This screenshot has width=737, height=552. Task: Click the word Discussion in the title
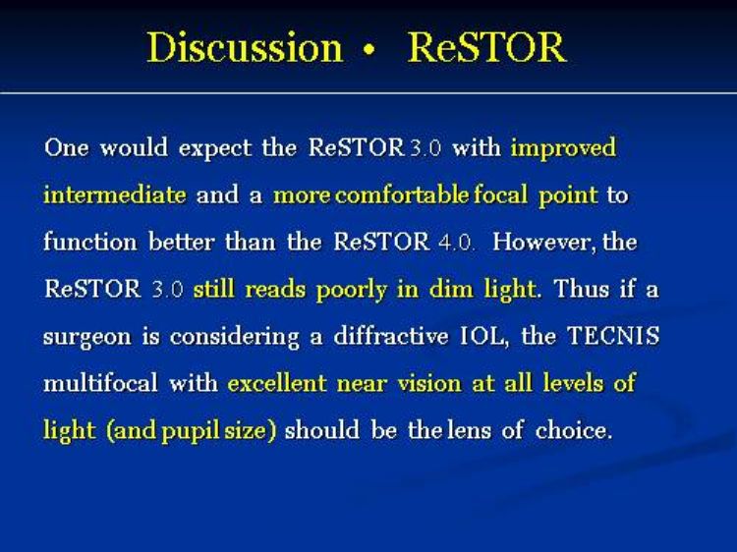click(x=245, y=47)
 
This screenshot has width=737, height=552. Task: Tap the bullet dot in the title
click(x=369, y=50)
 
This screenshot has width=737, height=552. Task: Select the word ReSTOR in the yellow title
click(x=487, y=47)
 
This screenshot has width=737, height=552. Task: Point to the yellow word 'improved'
click(x=563, y=148)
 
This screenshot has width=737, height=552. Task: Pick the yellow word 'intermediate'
click(x=115, y=194)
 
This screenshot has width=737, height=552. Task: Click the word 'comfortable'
click(x=402, y=194)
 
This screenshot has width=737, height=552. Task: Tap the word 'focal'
click(x=500, y=194)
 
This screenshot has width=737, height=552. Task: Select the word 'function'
click(x=90, y=242)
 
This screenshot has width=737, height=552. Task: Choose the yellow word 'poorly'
click(x=352, y=291)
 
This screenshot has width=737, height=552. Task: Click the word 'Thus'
click(x=582, y=289)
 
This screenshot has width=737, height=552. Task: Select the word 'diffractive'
click(x=390, y=336)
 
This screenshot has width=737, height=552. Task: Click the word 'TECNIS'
click(x=613, y=336)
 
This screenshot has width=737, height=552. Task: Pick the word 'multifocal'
click(x=100, y=383)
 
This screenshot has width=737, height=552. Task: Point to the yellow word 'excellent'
click(x=277, y=383)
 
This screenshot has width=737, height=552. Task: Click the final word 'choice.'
click(x=574, y=430)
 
